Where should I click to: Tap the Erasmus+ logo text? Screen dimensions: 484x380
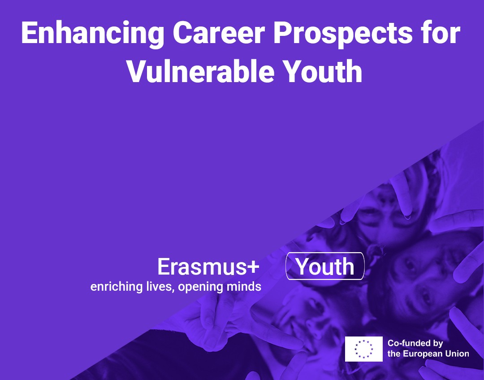pyautogui.click(x=208, y=266)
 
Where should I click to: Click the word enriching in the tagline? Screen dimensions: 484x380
pyautogui.click(x=116, y=287)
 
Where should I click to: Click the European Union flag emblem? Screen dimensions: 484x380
pyautogui.click(x=363, y=349)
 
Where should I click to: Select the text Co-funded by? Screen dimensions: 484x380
pyautogui.click(x=415, y=343)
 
